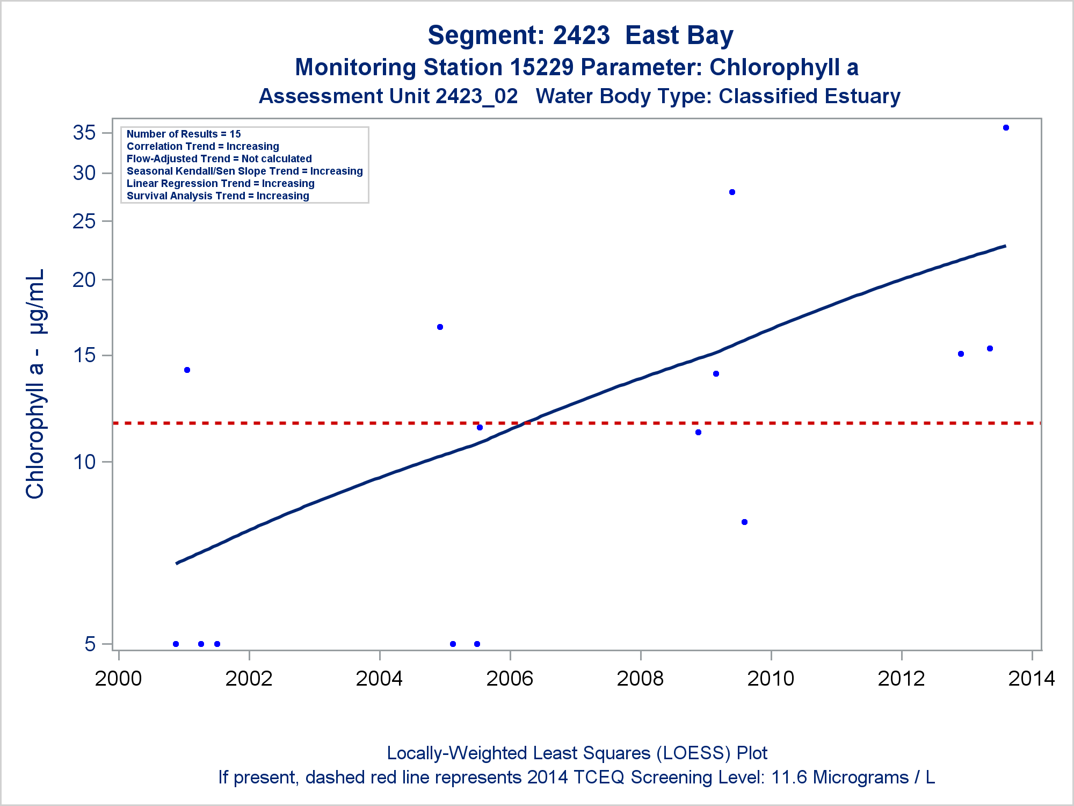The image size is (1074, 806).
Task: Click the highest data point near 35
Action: pos(1006,128)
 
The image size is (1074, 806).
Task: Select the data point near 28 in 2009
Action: pos(732,192)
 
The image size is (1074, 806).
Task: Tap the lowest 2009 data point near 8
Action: pos(744,522)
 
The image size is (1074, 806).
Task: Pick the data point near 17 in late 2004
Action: pos(440,327)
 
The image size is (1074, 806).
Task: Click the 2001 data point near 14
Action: pos(187,370)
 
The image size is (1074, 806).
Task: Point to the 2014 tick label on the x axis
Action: pos(1032,679)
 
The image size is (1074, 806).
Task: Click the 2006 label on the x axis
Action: pos(510,679)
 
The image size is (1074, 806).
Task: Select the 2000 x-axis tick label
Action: pos(118,679)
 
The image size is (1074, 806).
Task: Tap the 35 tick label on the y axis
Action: pos(84,133)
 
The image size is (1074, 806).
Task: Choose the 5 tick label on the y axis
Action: pos(90,644)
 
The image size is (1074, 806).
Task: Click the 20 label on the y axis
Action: pos(84,280)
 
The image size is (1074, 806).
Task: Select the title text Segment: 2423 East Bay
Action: pos(580,35)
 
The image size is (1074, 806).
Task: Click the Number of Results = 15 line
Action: pos(184,134)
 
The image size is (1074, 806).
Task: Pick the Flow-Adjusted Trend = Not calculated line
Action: pos(219,159)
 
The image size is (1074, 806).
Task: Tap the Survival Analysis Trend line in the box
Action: pos(217,196)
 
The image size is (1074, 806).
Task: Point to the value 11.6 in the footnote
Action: pos(789,778)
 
